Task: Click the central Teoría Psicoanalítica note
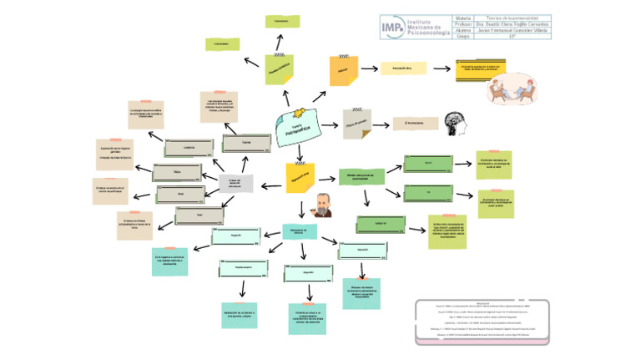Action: [x=295, y=125]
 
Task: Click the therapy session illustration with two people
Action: [x=522, y=89]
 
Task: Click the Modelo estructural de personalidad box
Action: [x=361, y=176]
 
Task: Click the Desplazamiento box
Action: [x=244, y=268]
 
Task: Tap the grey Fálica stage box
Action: [x=178, y=170]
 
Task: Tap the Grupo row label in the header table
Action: [x=464, y=36]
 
